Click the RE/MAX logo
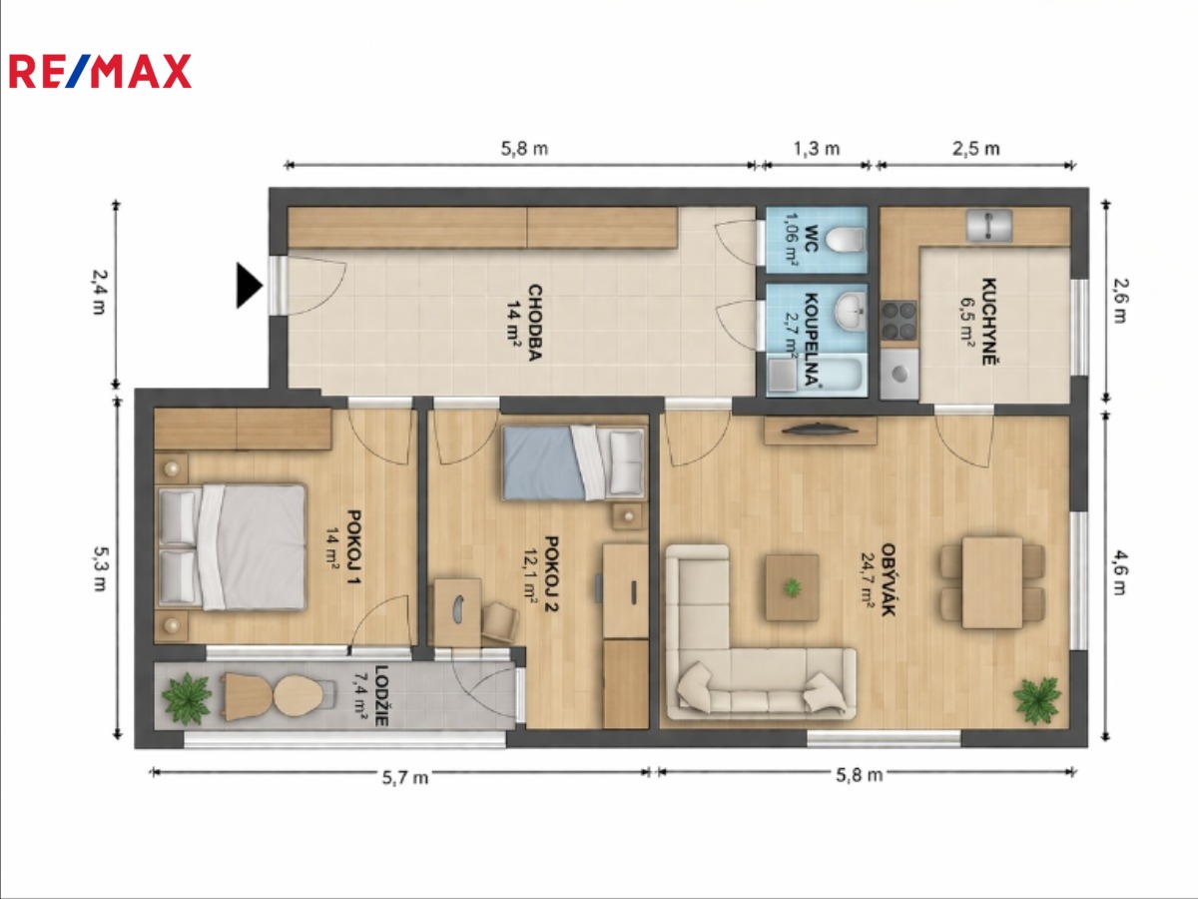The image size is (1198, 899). [x=100, y=71]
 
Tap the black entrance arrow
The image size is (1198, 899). [x=250, y=286]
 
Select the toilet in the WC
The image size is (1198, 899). [x=845, y=240]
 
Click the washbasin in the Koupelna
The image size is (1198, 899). [x=850, y=311]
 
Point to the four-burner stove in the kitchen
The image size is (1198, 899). [x=898, y=321]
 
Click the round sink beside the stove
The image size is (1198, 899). [x=899, y=374]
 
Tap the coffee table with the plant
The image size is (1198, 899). [x=792, y=588]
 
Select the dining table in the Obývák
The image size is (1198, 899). [x=992, y=582]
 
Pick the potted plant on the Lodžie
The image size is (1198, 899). [x=187, y=698]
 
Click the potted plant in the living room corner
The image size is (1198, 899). [x=1037, y=700]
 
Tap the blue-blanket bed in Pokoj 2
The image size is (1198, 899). [x=574, y=462]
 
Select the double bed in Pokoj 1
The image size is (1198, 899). [x=232, y=547]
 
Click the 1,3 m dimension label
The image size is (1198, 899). [x=817, y=149]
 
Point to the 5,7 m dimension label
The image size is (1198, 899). [x=405, y=777]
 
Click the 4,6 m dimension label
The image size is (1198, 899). [x=1120, y=572]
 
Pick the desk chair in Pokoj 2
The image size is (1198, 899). [x=500, y=622]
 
